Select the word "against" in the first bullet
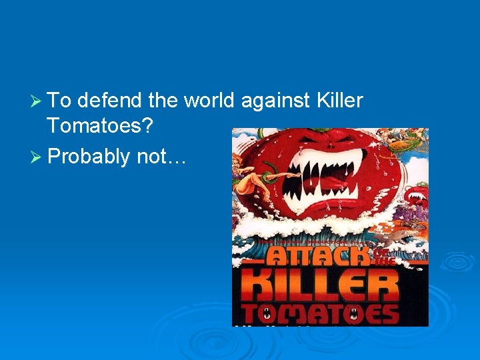(x=274, y=102)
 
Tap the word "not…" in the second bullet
(x=163, y=157)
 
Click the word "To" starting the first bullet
(x=59, y=101)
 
